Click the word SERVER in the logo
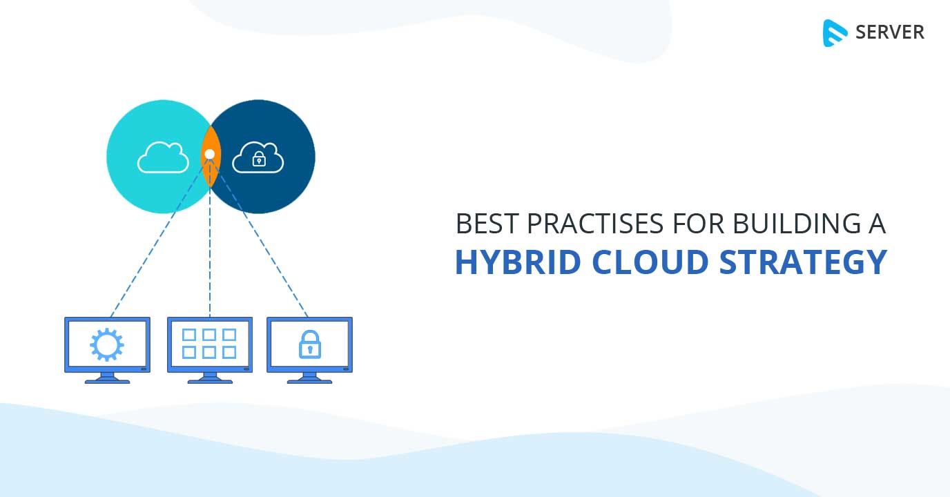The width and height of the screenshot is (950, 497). pos(890,32)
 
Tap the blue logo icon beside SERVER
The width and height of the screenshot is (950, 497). pos(835,32)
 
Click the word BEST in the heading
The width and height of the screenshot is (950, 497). pos(487,224)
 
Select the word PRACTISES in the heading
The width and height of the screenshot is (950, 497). pos(595,224)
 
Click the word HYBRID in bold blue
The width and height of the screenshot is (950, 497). pos(518,262)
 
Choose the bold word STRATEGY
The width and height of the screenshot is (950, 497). pos(803,262)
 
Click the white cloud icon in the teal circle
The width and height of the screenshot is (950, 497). pos(163,158)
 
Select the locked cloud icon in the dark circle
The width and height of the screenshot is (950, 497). pos(258,158)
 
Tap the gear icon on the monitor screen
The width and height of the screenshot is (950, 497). pos(107,344)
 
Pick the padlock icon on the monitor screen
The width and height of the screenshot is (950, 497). pos(309,344)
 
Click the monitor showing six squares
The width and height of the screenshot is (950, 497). pos(210,350)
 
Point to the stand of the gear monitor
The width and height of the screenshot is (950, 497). pos(107,378)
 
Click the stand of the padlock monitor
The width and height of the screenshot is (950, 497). pos(309,378)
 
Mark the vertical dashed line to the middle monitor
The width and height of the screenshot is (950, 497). pos(210,238)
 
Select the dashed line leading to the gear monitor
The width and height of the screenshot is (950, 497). pos(159,238)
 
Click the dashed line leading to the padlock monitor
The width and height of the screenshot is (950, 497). pos(260,238)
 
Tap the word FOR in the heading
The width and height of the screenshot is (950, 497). pos(698,224)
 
